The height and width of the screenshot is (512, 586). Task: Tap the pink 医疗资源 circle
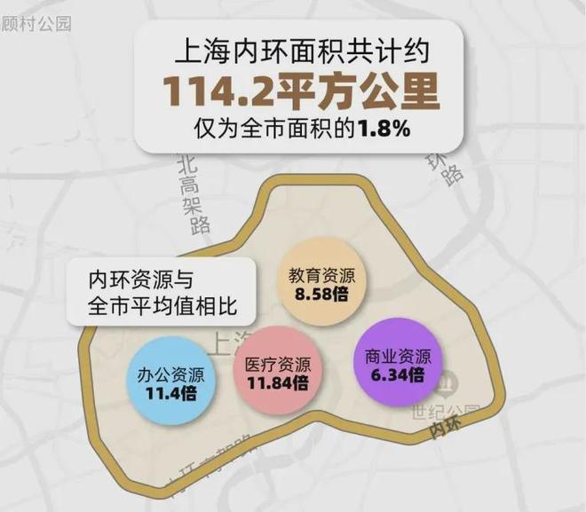click(x=277, y=374)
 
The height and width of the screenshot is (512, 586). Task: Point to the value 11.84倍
click(x=277, y=384)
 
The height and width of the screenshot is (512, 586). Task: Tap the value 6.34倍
click(x=398, y=375)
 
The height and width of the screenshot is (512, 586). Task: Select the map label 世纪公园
click(x=445, y=412)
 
